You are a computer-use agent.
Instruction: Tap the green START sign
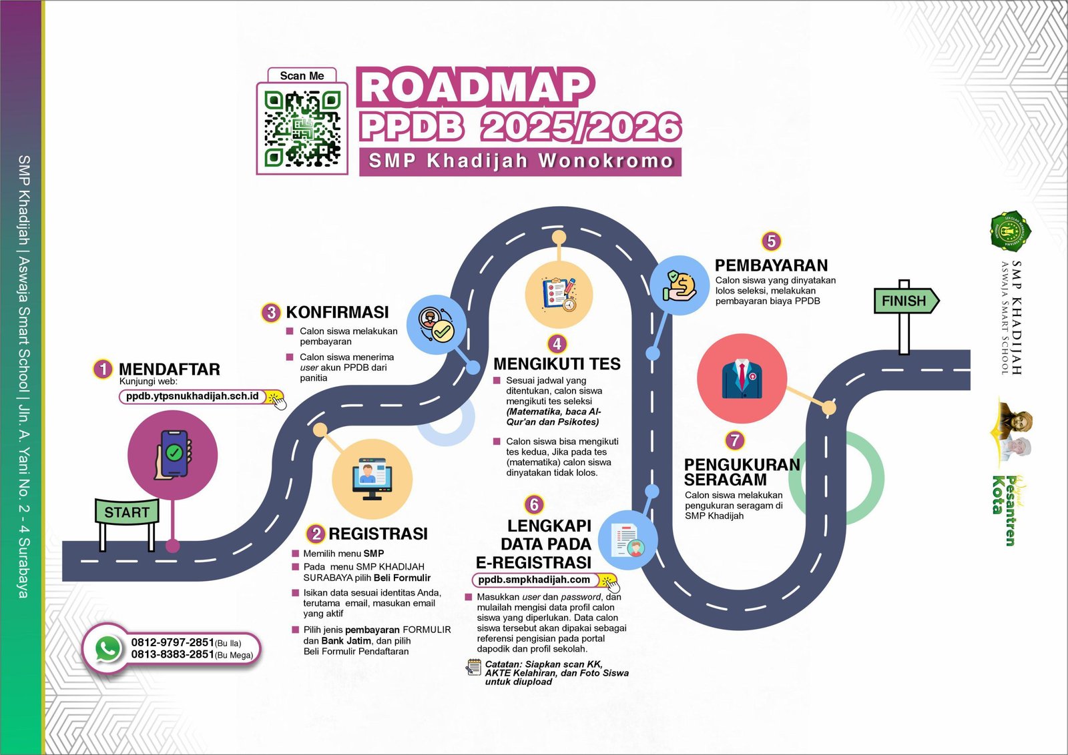coord(127,512)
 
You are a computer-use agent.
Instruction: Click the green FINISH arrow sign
coord(905,301)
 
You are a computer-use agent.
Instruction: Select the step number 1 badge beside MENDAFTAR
coord(103,369)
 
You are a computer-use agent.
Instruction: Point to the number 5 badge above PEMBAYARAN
coord(771,241)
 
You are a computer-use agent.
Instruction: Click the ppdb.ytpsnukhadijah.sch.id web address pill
coord(193,396)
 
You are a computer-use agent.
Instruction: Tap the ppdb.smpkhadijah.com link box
coord(535,580)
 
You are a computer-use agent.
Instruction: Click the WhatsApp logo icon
coord(108,648)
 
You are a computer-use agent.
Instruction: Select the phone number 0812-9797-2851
coord(172,642)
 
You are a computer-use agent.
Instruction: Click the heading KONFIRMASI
coord(337,312)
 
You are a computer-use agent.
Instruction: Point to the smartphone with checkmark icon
coord(173,454)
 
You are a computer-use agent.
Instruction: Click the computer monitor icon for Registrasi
coord(372,478)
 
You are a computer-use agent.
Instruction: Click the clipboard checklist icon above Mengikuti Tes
coord(559,293)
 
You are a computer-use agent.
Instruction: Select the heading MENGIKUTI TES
coord(557,363)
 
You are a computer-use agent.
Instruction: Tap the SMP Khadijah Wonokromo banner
coord(520,161)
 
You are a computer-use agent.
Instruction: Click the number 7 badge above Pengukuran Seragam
coord(735,440)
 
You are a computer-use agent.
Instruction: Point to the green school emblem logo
coord(1010,231)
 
